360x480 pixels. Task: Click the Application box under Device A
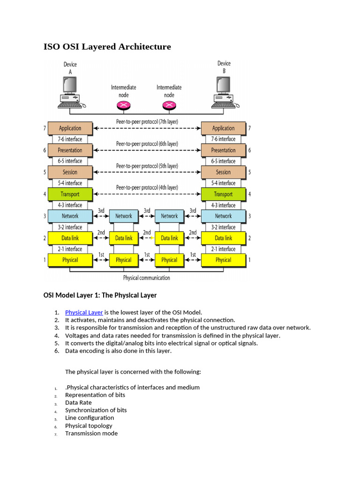click(70, 128)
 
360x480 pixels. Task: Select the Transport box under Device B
click(223, 194)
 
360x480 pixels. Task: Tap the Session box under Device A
click(70, 172)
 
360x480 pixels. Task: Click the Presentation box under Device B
click(223, 150)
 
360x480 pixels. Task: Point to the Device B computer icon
click(224, 91)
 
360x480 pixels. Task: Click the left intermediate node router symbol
click(123, 105)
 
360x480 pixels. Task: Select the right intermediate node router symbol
click(169, 105)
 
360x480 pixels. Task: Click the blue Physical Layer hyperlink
click(84, 312)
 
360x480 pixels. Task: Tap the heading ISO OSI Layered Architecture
click(107, 46)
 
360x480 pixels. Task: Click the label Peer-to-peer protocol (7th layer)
click(147, 121)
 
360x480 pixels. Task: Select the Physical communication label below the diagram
click(146, 277)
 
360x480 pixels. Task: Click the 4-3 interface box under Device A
click(70, 205)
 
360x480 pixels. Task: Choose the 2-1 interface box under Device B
click(223, 249)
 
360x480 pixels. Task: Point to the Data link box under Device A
click(70, 238)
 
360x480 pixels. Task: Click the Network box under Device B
click(223, 216)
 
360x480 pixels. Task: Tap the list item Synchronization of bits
click(96, 410)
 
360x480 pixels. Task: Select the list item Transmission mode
click(91, 433)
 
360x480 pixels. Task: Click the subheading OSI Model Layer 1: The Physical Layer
click(100, 295)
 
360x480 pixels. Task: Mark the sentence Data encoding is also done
click(118, 351)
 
